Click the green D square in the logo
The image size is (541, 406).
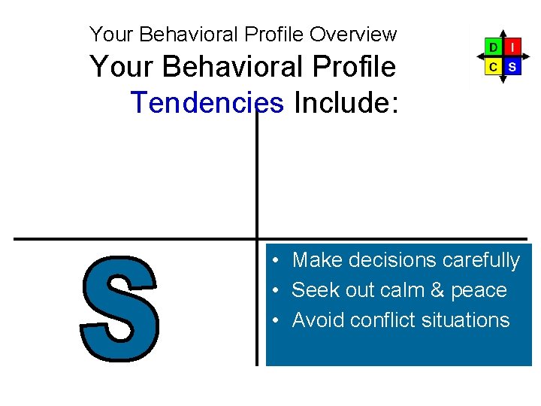pos(493,47)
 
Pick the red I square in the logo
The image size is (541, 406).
pos(512,47)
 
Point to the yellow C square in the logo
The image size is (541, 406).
pos(493,66)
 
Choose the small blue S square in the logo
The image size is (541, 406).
pos(512,66)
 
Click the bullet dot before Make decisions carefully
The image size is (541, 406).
pos(277,261)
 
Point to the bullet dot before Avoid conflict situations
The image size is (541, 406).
pos(277,321)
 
